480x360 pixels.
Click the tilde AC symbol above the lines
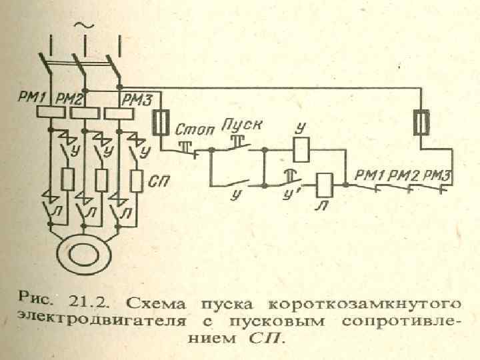(85, 25)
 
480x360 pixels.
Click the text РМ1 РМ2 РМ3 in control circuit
(400, 175)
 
